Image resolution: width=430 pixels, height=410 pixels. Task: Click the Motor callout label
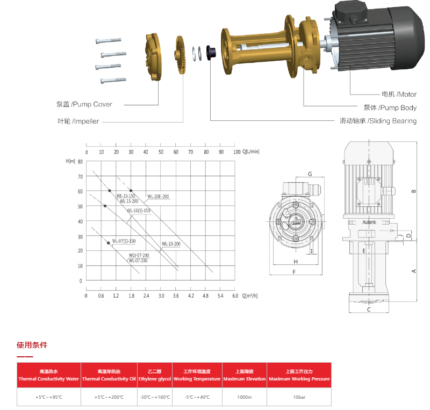point(399,95)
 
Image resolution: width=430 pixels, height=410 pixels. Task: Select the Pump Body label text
point(390,108)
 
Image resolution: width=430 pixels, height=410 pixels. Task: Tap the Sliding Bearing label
point(378,121)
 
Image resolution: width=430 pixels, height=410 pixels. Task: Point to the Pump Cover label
point(84,104)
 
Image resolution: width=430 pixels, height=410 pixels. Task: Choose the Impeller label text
point(78,121)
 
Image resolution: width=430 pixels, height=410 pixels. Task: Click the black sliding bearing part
point(211,52)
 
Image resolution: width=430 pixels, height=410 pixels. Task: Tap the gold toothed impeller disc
point(180,55)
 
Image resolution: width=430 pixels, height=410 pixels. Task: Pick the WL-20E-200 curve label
point(158,196)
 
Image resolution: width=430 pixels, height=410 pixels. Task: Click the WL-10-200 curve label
point(171,244)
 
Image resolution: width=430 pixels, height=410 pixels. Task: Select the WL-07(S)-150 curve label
point(124,241)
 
